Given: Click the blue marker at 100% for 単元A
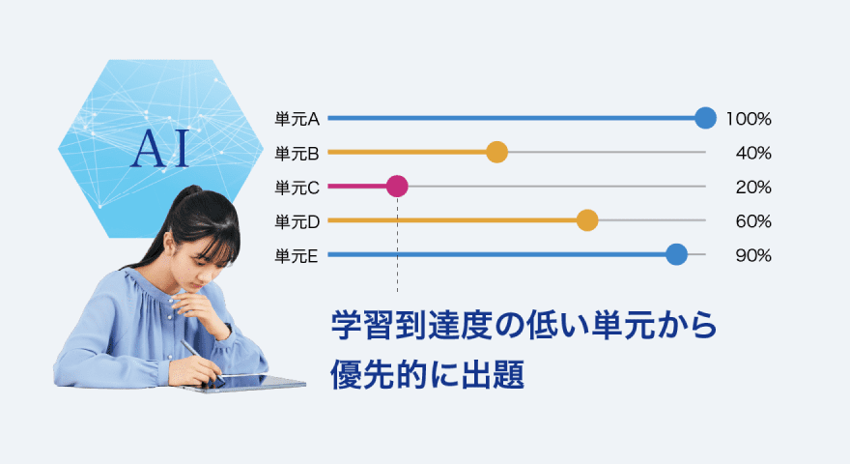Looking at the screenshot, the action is pos(705,118).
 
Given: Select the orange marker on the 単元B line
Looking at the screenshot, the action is pos(496,152).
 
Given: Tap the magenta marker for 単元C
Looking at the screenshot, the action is pos(397,187).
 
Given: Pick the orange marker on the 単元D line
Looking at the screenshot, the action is pos(587,220).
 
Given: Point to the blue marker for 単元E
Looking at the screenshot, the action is pos(676,254).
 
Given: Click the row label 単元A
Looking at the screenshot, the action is pos(297,119).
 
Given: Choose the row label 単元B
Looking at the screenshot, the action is pos(297,154).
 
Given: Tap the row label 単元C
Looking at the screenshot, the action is pos(297,188).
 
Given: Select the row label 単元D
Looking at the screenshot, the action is pos(297,222).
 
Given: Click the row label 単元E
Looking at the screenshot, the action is pos(296,256).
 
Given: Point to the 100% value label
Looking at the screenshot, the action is pos(749,119).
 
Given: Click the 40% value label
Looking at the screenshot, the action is pos(753,154).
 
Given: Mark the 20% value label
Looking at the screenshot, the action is pos(753,188).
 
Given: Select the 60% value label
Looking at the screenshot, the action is pos(753,222).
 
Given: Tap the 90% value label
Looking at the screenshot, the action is pos(753,256).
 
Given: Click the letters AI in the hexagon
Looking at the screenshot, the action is pos(160,148).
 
